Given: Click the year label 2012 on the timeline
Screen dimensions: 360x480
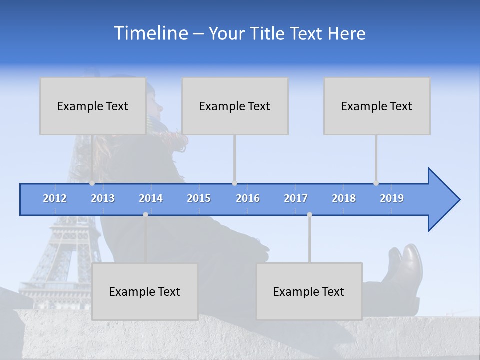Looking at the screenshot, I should click(x=55, y=198).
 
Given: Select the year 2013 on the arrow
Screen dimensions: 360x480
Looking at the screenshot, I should click(x=103, y=198).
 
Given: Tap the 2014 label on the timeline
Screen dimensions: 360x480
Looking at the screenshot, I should click(x=151, y=198).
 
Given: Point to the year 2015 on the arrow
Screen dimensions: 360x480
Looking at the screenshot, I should click(x=199, y=198).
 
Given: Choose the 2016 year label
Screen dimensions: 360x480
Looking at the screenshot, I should click(x=248, y=198).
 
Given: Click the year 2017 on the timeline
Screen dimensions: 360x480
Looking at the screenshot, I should click(x=296, y=198).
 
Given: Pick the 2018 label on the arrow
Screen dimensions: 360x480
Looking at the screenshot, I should click(x=344, y=198).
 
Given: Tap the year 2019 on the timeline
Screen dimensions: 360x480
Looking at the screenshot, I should click(x=392, y=198).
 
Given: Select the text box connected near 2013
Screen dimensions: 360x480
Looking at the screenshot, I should click(x=93, y=106).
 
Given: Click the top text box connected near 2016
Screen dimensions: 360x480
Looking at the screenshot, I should click(x=235, y=106).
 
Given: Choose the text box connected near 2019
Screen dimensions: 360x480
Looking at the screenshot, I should click(x=377, y=106).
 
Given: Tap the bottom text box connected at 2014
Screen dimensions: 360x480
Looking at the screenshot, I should click(x=145, y=291).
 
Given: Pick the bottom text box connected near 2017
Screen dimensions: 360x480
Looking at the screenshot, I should click(x=309, y=291).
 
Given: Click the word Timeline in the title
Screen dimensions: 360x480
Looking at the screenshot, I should click(x=150, y=33).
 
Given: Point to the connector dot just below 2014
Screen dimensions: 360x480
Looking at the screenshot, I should click(x=145, y=214).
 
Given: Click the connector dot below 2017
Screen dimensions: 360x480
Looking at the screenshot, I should click(x=309, y=214).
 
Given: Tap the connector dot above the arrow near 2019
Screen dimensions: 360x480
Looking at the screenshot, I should click(x=376, y=183).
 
